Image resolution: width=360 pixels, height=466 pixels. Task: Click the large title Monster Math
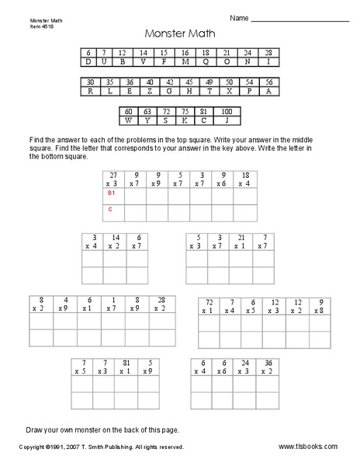(x=179, y=34)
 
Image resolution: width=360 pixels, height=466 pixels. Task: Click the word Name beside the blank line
(x=239, y=18)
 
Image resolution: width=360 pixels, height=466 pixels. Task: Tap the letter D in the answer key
(x=88, y=61)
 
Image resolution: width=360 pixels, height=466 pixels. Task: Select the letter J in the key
(x=227, y=120)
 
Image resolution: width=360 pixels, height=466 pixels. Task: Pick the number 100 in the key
(x=227, y=112)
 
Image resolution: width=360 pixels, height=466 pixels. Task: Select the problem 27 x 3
(x=113, y=179)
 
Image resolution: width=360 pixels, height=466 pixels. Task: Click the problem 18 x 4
(x=244, y=179)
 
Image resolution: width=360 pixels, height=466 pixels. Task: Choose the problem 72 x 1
(x=209, y=305)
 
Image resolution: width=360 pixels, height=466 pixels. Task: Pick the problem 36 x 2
(x=268, y=367)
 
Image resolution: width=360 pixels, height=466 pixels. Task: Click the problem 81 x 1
(x=123, y=367)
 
